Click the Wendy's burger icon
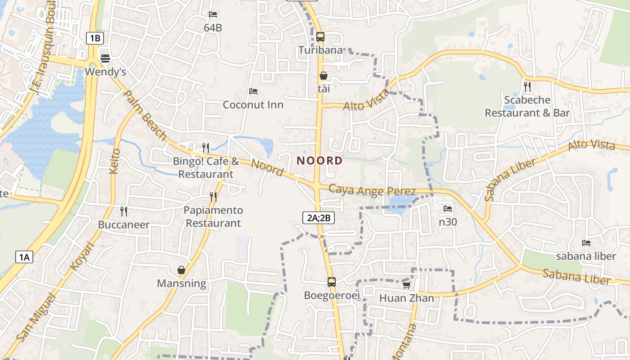pos(105,58)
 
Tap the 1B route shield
pos(95,38)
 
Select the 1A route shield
pos(24,257)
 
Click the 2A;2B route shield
pos(319,218)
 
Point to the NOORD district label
pos(319,161)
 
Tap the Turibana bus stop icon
pos(320,36)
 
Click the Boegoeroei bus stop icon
pos(332,282)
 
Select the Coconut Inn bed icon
pos(253,91)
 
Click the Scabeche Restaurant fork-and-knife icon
pos(527,86)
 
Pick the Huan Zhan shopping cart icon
pos(406,285)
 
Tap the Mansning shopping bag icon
pos(181,270)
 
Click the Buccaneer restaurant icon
pos(124,211)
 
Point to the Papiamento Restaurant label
pos(213,216)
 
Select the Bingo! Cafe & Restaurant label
pos(206,167)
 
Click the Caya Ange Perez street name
pos(365,190)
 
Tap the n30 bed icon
pos(448,208)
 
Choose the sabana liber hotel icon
pos(586,243)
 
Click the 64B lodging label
pos(213,28)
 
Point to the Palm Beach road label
pos(145,115)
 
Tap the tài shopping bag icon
pos(324,76)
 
